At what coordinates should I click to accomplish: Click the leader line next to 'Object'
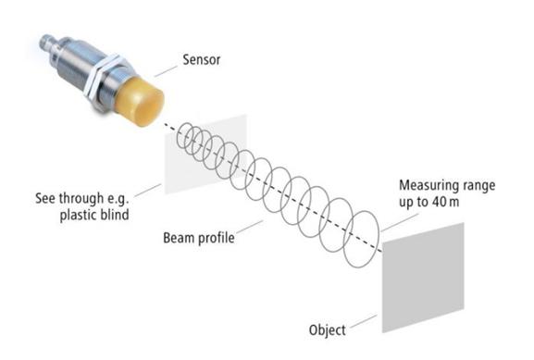point(363,321)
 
